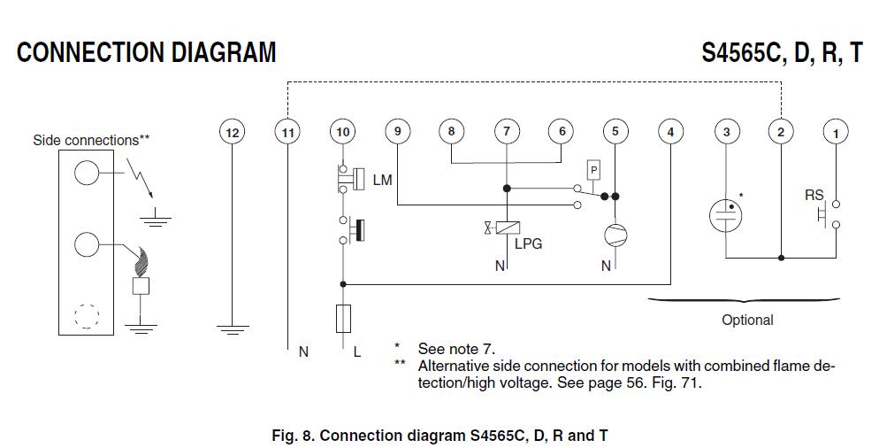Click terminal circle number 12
[232, 133]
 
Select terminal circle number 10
[342, 133]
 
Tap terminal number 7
[507, 133]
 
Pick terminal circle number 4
[670, 133]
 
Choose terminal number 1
[835, 133]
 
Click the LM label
[382, 180]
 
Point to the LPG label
[528, 243]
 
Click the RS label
[814, 196]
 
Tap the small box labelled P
[594, 168]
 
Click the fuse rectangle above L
[342, 317]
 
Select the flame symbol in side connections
[140, 262]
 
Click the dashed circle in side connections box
[86, 316]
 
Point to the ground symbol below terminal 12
[232, 329]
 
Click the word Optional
[747, 321]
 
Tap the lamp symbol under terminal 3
[726, 214]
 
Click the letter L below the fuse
[357, 351]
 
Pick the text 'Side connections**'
[91, 140]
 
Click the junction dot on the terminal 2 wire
[781, 258]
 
